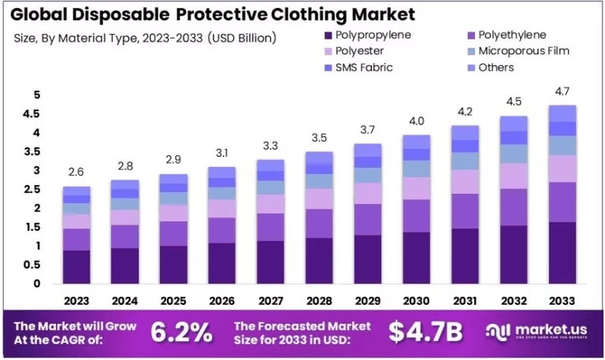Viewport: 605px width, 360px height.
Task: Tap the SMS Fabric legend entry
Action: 363,67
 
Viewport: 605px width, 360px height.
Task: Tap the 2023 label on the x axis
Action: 77,300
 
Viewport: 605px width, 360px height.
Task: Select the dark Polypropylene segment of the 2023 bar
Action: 77,266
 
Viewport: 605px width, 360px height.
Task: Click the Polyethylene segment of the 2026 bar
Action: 221,230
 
